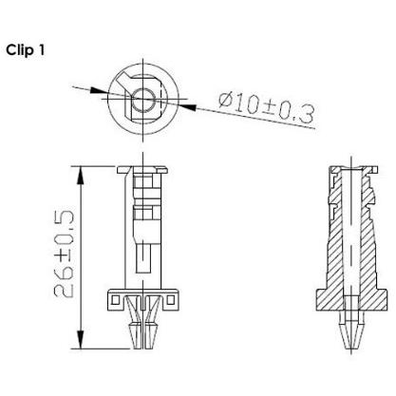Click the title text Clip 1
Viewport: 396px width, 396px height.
pyautogui.click(x=26, y=50)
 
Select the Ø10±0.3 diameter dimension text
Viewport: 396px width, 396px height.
pyautogui.click(x=267, y=108)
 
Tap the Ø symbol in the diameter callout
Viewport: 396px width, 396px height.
pyautogui.click(x=225, y=101)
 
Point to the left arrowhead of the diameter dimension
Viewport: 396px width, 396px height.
pyautogui.click(x=99, y=90)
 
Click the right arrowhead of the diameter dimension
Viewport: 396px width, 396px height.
pyautogui.click(x=186, y=107)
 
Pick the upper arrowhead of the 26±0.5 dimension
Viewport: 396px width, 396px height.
pyautogui.click(x=81, y=175)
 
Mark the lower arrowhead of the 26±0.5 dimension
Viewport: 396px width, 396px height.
pyautogui.click(x=81, y=340)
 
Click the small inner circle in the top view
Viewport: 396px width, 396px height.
pyautogui.click(x=143, y=99)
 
